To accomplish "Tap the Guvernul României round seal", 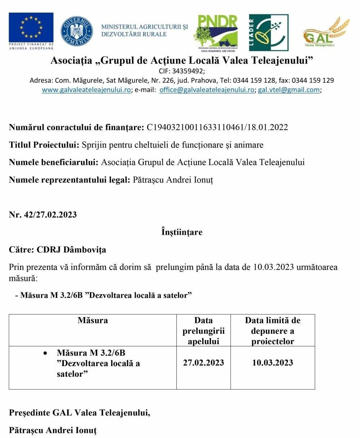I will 77,31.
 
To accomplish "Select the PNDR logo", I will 216,32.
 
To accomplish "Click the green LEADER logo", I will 269,33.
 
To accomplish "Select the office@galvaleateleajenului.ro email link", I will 207,90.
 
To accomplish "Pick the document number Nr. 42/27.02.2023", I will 43,215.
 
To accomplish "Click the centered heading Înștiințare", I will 182,232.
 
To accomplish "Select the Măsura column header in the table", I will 93,320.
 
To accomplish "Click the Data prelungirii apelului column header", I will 203,330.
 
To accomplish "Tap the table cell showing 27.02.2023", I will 203,362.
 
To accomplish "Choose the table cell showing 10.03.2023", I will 273,362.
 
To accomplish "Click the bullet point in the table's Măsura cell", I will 45,353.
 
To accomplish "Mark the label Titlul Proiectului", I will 44,145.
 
